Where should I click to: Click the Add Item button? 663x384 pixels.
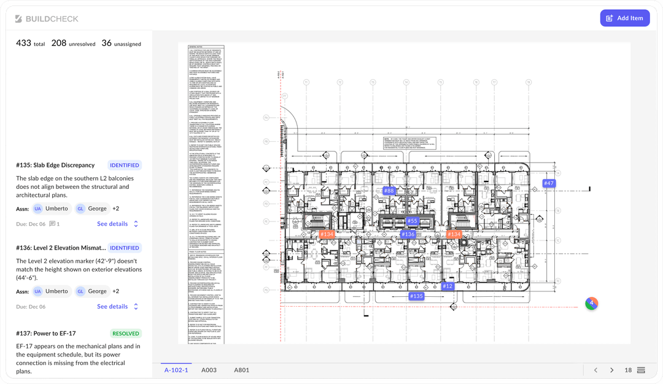[624, 18]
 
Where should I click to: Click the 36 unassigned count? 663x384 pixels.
[121, 44]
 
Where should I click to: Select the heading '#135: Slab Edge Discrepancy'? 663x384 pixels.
[55, 165]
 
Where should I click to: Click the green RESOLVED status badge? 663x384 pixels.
[125, 334]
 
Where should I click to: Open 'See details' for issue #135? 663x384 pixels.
[112, 224]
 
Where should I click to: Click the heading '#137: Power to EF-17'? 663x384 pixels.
[46, 334]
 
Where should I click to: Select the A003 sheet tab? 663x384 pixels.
[209, 370]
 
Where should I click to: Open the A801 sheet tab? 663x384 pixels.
[241, 370]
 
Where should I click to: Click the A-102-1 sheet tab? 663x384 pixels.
[176, 370]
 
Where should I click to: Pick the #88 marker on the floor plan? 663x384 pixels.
[389, 191]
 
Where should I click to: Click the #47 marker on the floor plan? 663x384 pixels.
[548, 183]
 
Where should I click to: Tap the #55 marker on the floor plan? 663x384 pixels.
[412, 221]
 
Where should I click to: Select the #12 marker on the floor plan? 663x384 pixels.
[447, 286]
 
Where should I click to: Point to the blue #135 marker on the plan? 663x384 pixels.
[416, 296]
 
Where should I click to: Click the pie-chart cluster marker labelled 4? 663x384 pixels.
[591, 303]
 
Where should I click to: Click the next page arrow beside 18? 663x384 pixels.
[611, 370]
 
